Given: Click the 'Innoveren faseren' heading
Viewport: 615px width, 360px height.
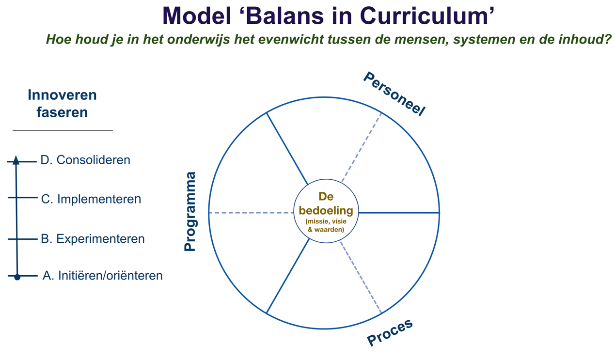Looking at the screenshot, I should tap(62, 104).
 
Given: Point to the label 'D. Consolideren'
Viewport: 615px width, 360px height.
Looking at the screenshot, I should tap(85, 160).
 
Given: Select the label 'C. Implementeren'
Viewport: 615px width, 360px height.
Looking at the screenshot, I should tap(91, 199).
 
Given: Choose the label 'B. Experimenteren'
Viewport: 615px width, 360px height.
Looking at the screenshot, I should tap(93, 239).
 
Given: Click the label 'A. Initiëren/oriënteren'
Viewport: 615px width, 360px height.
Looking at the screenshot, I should tap(102, 276).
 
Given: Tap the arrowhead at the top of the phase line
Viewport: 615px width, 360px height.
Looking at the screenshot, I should tap(16, 160).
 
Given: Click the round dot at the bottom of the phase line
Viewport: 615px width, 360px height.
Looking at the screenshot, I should tap(17, 277).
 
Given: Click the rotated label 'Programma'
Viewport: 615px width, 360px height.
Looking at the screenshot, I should tap(190, 212).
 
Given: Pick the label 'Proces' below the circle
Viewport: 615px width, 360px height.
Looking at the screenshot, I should tap(390, 332).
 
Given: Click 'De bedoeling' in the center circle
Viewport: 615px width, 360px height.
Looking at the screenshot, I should tap(326, 204).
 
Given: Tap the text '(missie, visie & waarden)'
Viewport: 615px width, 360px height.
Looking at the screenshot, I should tap(326, 225).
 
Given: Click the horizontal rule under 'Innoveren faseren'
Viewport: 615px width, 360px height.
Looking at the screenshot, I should tap(63, 130).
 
